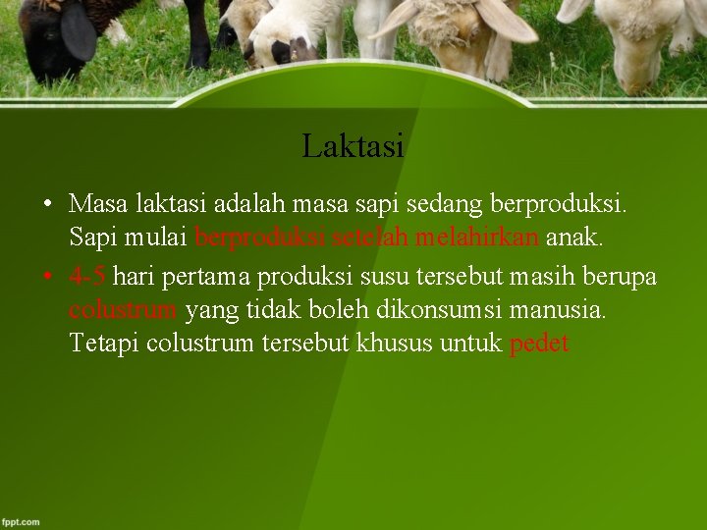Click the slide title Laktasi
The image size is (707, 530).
point(353,146)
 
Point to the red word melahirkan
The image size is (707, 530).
point(476,238)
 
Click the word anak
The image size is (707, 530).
point(574,238)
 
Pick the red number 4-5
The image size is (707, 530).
point(87,277)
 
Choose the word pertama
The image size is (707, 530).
point(205,277)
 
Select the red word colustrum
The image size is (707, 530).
point(123,310)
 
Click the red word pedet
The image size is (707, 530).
point(539,344)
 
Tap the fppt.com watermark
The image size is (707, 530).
point(21,521)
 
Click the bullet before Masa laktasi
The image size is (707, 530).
point(48,205)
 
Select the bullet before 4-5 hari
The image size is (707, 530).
point(48,278)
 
